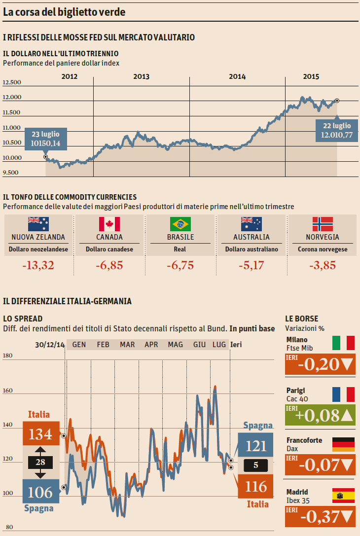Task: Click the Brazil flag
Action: tap(180, 224)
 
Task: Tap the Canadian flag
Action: tap(109, 224)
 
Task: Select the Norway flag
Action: tap(323, 224)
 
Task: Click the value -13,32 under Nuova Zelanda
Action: tap(38, 266)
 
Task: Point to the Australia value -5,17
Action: tap(252, 266)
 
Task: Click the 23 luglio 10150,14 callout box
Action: tap(45, 139)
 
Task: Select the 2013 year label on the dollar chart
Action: tap(142, 76)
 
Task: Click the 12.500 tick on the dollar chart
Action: tap(12, 82)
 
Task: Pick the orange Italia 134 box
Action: tap(40, 434)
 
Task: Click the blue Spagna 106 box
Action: tap(40, 492)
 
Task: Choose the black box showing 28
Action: tap(40, 463)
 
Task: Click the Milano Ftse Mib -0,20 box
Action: tap(320, 364)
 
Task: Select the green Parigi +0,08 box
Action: tap(320, 415)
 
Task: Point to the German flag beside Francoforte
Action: tap(343, 444)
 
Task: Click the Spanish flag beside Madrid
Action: tap(343, 495)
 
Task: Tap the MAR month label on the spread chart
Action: tap(127, 344)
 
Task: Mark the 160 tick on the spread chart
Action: tap(8, 391)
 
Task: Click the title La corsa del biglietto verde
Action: tap(64, 12)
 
